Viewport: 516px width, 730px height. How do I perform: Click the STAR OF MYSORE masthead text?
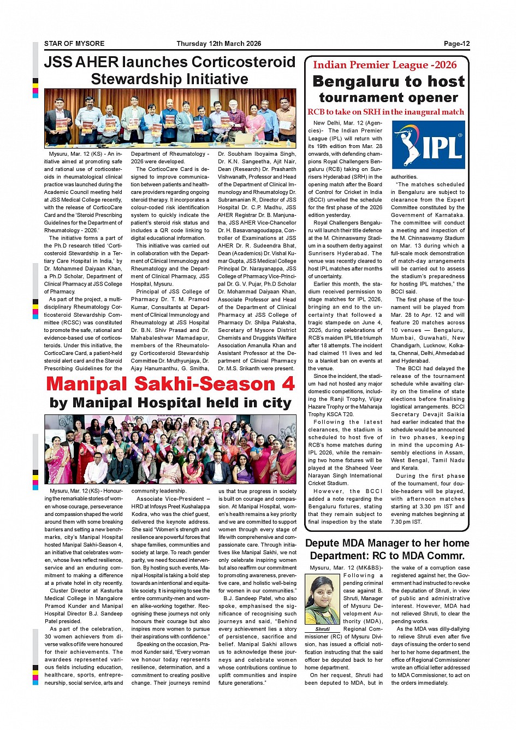pos(74,44)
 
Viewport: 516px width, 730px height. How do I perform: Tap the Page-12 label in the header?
pos(456,44)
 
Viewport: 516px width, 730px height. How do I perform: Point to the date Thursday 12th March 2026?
pos(219,44)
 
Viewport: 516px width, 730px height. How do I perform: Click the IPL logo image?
pos(429,145)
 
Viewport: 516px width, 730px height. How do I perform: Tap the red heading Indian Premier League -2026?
pos(384,65)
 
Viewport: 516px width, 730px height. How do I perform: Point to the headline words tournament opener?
pos(388,98)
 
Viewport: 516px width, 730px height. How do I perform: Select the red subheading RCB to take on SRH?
pos(385,112)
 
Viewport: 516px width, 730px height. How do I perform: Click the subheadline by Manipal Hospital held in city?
pos(170,403)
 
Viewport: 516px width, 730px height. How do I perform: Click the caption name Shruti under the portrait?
pos(323,629)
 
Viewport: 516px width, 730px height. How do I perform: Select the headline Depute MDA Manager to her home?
pos(387,543)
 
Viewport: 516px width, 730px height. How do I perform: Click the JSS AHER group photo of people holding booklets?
pos(170,118)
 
